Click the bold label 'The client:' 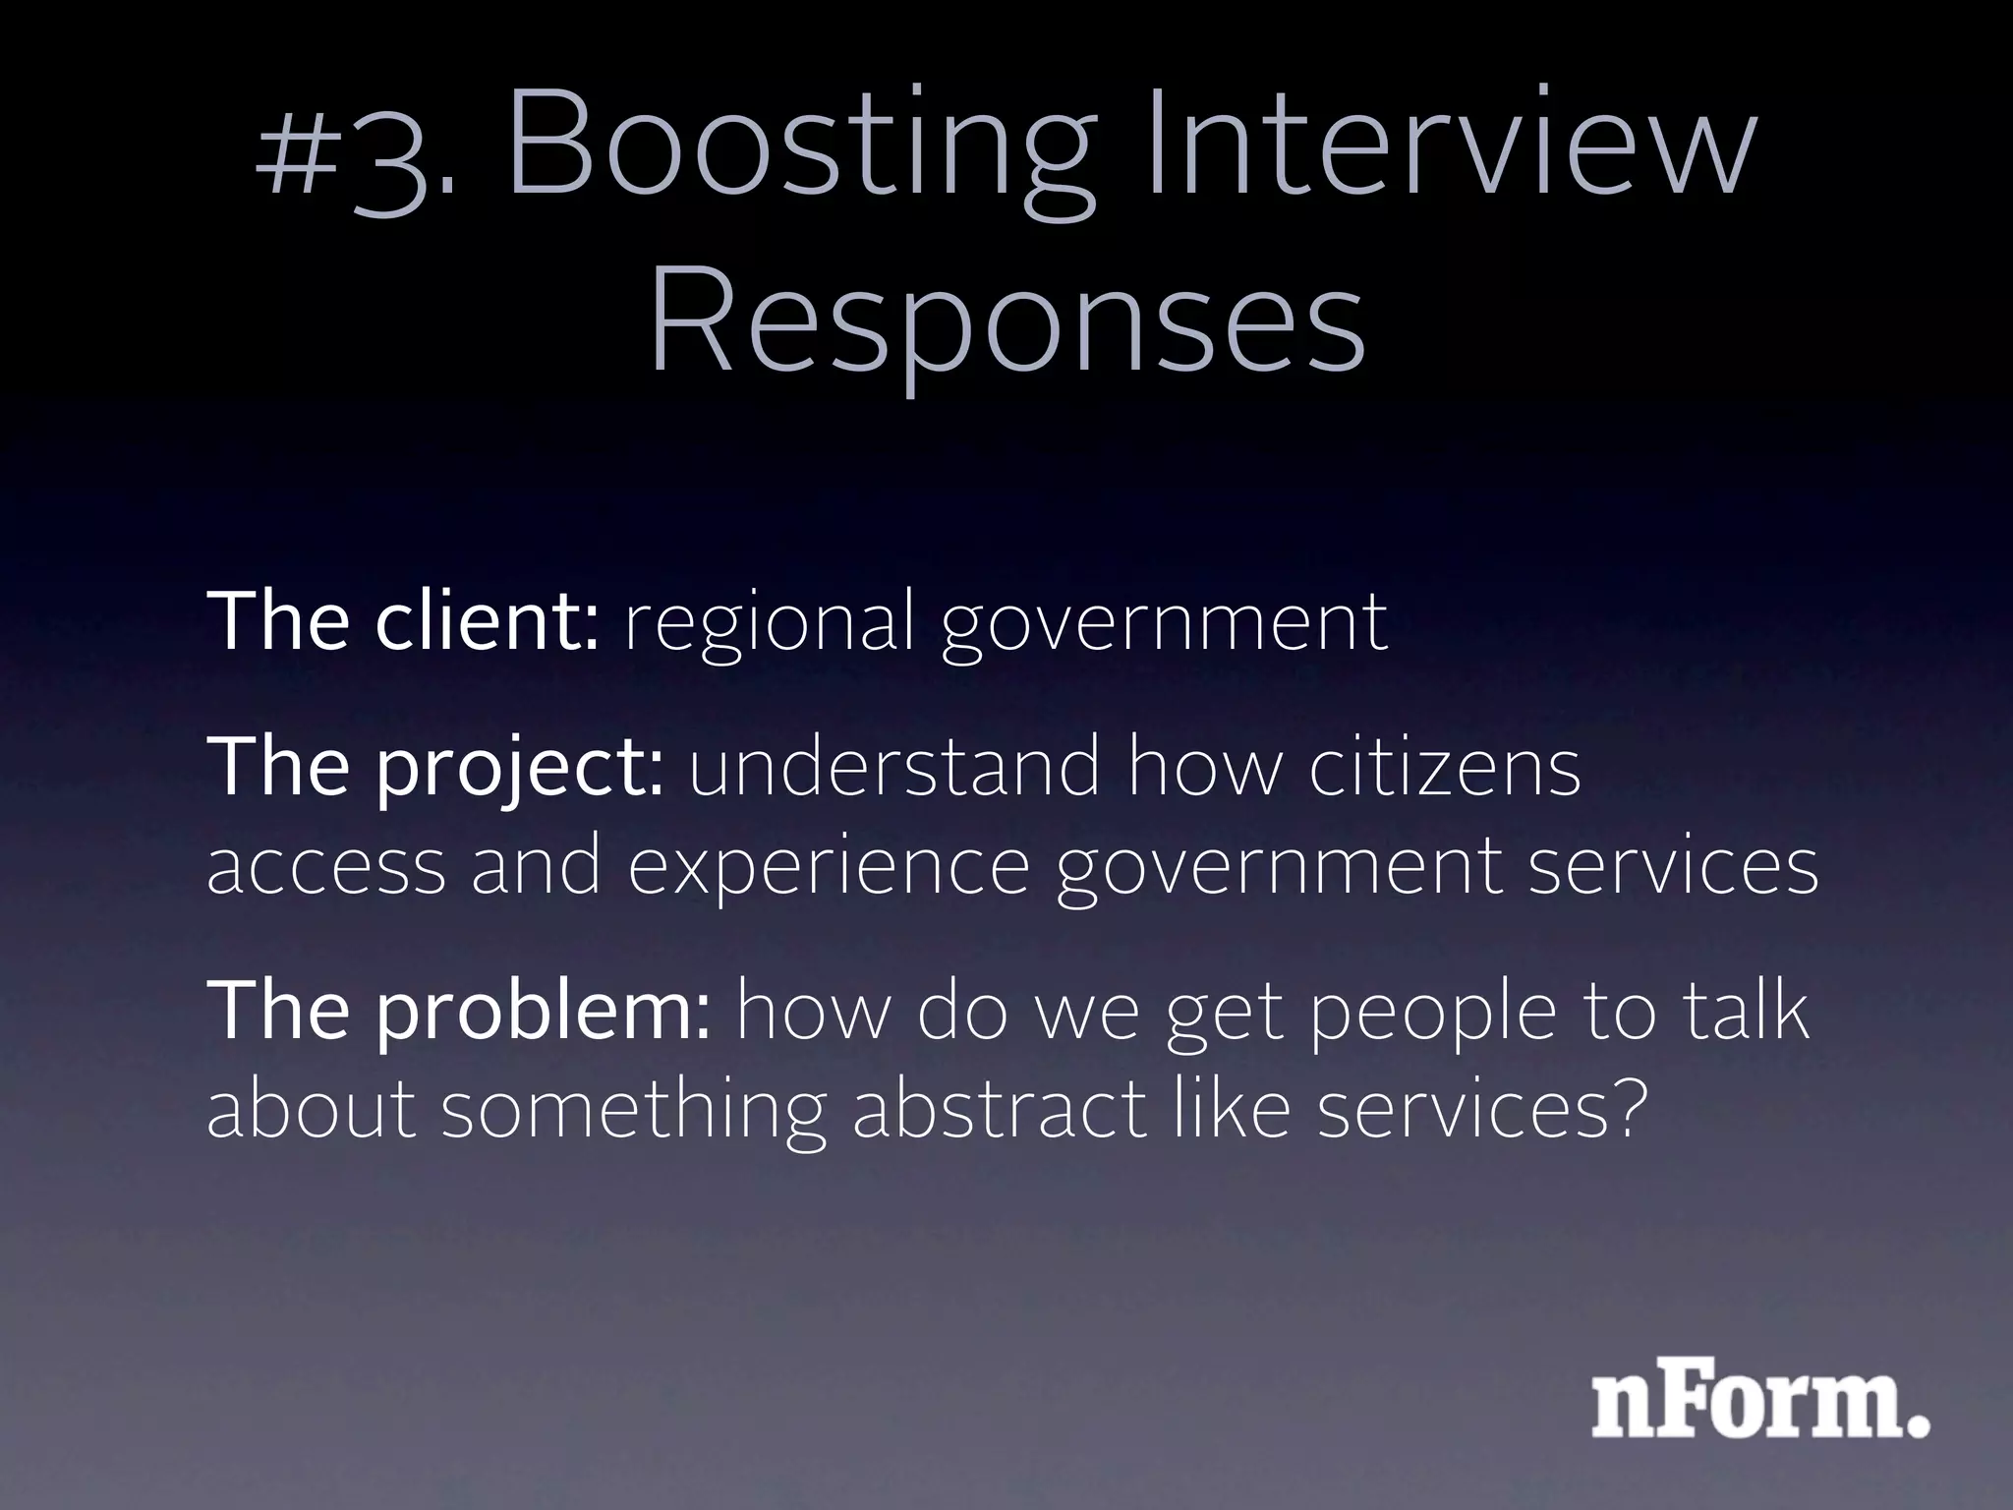point(402,621)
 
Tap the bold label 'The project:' point(435,769)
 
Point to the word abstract point(1000,1111)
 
